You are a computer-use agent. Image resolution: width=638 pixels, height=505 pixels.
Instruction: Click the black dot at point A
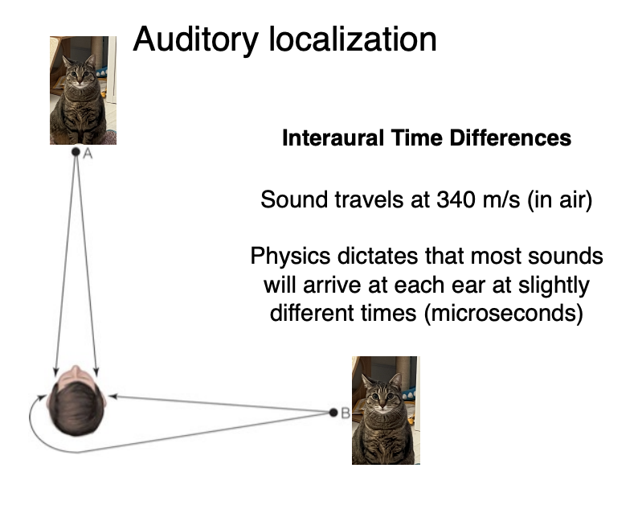point(75,150)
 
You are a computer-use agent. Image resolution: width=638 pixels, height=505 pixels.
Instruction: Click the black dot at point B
point(333,413)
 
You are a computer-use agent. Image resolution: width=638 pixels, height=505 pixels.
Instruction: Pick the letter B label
point(346,413)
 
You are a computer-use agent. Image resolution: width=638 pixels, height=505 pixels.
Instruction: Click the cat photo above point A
point(83,90)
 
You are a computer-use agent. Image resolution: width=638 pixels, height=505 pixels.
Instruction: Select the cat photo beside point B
point(385,410)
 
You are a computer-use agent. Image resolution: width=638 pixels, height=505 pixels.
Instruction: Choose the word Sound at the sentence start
point(288,200)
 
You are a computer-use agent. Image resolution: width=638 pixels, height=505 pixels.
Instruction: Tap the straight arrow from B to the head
point(225,404)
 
